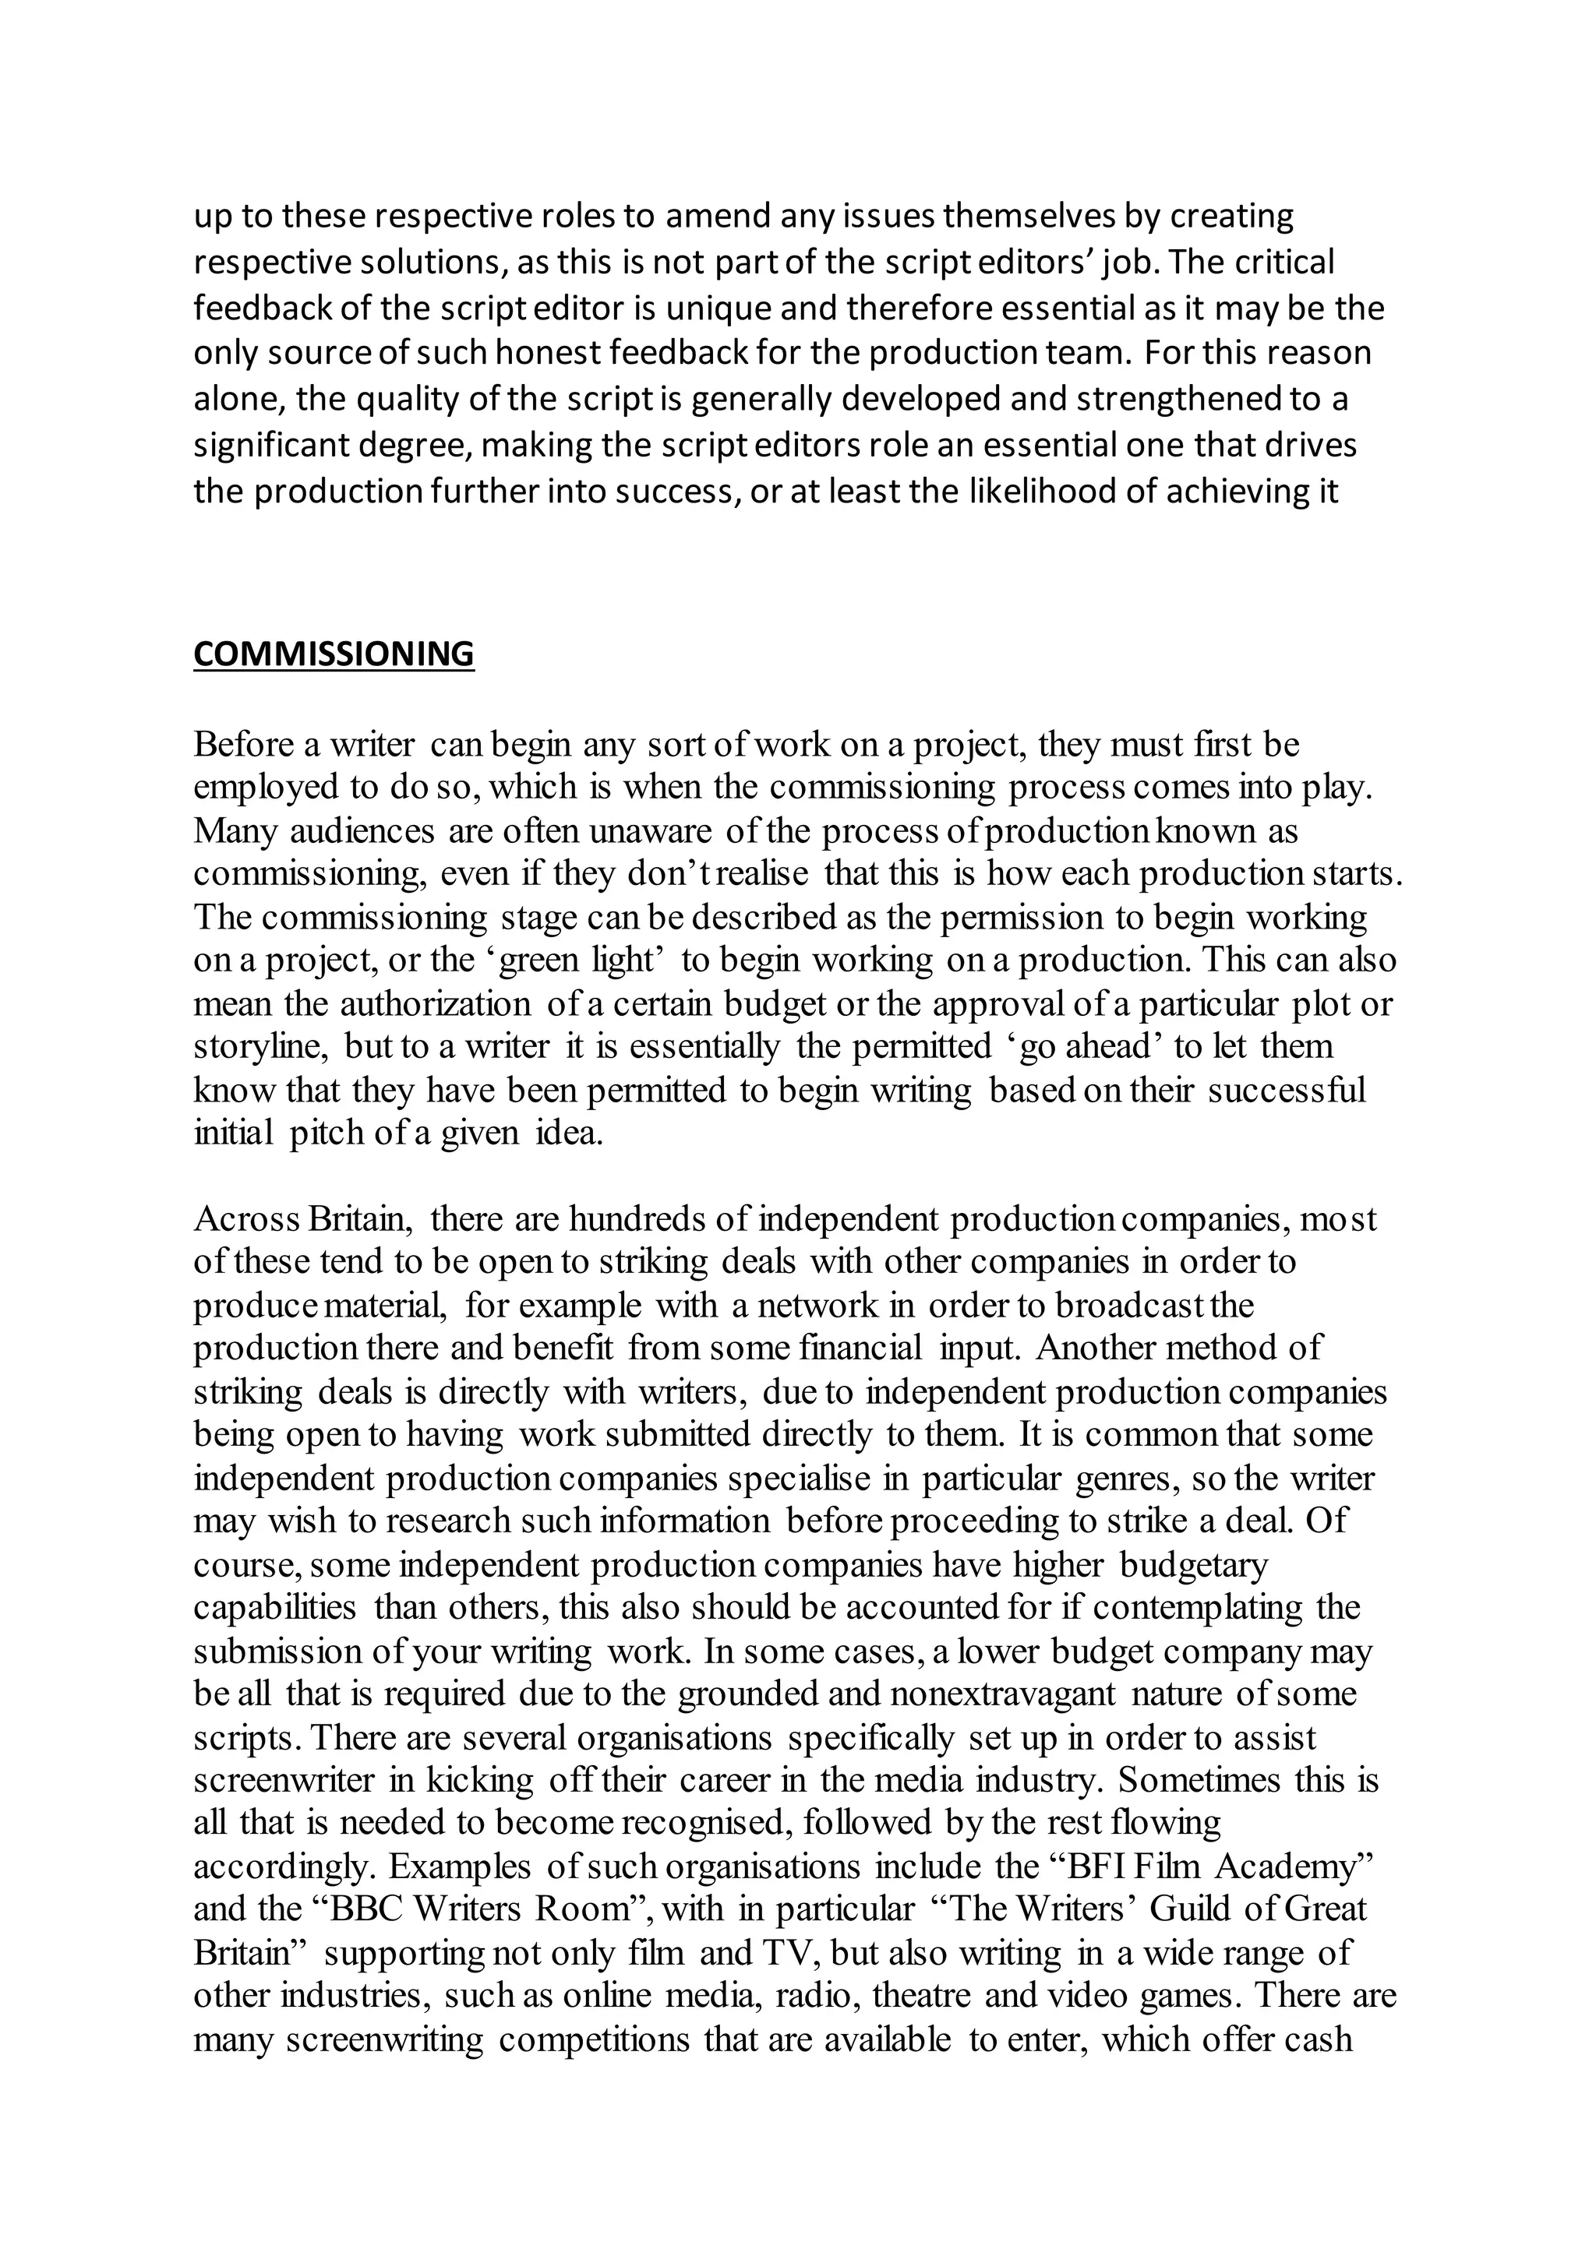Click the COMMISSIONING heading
(x=334, y=654)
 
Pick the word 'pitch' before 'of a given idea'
(x=327, y=1133)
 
